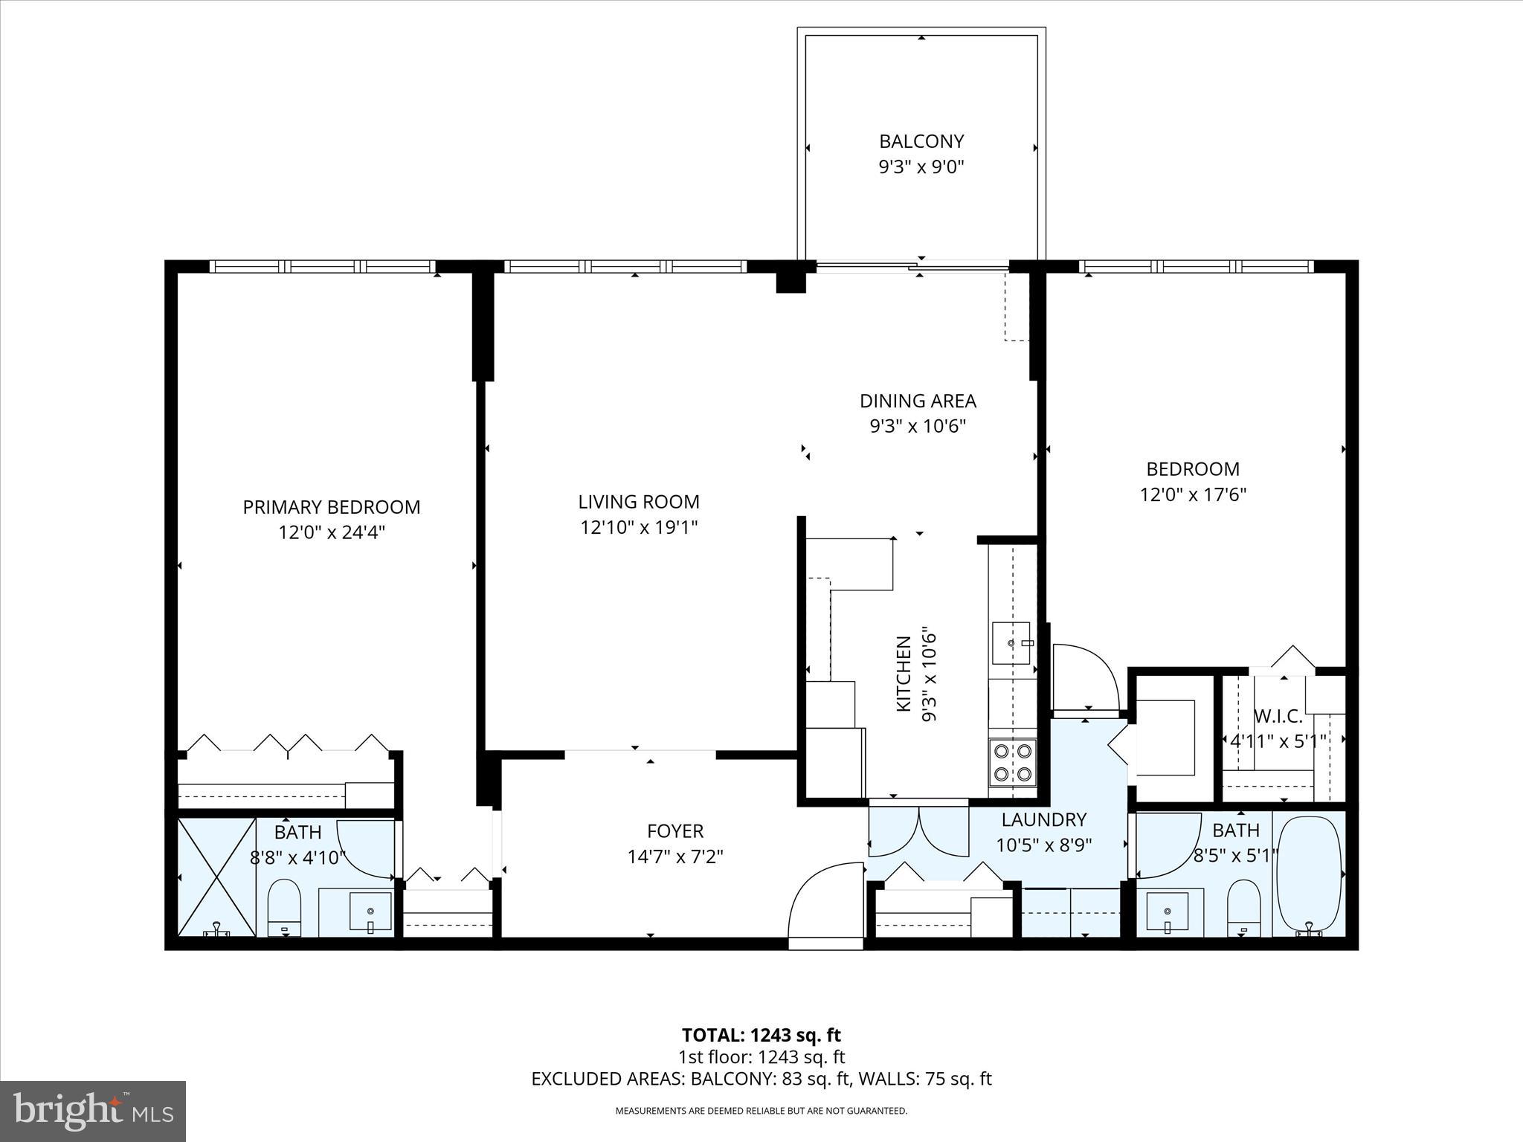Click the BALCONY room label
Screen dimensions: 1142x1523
click(921, 141)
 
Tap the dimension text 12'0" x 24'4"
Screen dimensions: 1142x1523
click(332, 532)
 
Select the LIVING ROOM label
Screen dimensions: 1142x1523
click(639, 502)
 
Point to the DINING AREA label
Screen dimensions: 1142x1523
click(918, 401)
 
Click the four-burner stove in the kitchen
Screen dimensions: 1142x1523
click(1012, 762)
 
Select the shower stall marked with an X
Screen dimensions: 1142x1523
click(216, 877)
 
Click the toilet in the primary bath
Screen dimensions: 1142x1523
click(283, 908)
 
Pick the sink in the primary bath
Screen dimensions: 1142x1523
click(370, 912)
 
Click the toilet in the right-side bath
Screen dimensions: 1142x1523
click(1243, 907)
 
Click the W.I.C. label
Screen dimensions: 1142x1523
click(1278, 717)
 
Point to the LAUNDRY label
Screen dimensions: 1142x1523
click(1044, 819)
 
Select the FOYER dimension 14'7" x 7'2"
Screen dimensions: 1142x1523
click(675, 856)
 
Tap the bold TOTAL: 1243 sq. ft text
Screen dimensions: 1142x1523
click(761, 1035)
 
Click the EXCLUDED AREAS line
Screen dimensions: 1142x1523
click(761, 1079)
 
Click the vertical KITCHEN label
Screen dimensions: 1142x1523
click(904, 674)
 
